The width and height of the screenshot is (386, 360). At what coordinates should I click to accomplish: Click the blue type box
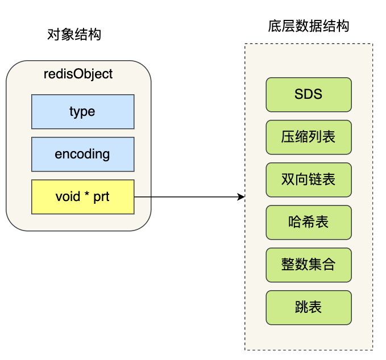coord(83,112)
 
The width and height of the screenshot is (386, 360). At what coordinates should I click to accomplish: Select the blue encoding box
coord(83,154)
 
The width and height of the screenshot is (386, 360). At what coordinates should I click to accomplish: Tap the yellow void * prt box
coord(83,196)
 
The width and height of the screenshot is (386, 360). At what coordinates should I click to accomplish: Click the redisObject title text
coord(78,74)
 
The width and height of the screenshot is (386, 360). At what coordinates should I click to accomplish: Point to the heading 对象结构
coord(74,34)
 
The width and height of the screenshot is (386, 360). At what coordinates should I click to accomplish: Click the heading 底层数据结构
coord(309,26)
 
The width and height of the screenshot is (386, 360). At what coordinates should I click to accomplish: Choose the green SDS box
coord(309,95)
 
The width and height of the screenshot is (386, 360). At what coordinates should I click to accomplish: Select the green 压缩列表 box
coord(309,137)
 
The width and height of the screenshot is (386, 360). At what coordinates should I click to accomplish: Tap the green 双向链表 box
coord(309,180)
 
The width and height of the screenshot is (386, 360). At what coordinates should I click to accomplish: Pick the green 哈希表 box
coord(309,222)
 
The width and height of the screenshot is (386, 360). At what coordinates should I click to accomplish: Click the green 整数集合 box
coord(309,265)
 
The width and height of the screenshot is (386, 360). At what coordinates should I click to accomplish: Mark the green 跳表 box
coord(309,307)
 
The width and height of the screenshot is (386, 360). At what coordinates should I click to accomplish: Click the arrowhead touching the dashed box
coord(241,196)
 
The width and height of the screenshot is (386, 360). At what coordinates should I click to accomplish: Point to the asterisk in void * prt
coord(87,194)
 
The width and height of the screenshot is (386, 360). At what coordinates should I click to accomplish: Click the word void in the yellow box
coord(68,196)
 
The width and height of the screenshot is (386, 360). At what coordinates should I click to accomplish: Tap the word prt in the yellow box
coord(101,197)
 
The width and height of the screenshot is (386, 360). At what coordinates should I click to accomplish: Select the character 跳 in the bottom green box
coord(302,307)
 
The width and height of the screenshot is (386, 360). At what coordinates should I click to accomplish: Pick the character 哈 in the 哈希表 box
coord(295,221)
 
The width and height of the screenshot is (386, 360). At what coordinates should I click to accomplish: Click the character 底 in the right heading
coord(275,26)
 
